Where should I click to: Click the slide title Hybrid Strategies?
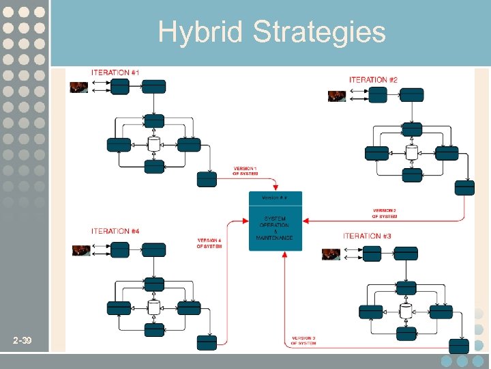[271, 31]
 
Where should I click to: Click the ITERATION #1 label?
[116, 72]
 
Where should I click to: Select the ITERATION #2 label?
[373, 80]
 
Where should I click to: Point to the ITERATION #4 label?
[115, 231]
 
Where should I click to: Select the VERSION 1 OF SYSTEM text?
[245, 171]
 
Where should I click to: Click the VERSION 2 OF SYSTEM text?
[384, 213]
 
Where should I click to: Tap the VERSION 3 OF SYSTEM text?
[303, 340]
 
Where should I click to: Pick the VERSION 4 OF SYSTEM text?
[209, 243]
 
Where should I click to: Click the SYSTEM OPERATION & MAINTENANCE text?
[274, 228]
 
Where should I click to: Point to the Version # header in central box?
[275, 197]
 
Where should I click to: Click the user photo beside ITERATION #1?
[79, 87]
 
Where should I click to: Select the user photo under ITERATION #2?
[336, 96]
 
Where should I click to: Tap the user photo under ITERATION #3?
[331, 254]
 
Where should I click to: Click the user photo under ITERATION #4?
[81, 250]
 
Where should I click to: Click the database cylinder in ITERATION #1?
[154, 144]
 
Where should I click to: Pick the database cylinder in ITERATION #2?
[412, 152]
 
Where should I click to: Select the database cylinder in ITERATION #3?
[406, 312]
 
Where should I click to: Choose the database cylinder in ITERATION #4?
[154, 307]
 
